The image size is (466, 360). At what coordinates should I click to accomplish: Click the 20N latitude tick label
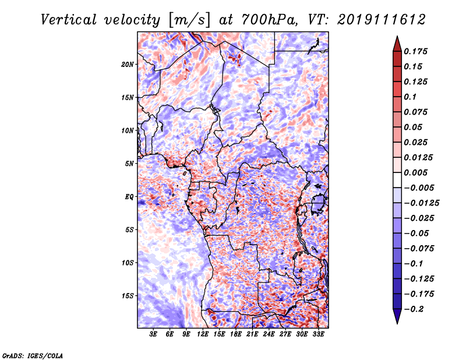128,64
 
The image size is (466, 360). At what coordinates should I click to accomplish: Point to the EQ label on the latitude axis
129,197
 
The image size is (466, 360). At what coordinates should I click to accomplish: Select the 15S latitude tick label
128,296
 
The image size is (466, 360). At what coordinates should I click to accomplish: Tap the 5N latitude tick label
129,164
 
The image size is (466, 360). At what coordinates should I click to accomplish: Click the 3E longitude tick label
154,334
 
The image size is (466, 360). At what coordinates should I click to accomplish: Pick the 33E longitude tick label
318,334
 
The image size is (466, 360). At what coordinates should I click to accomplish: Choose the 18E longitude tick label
236,334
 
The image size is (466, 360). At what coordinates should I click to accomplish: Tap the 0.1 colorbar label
414,97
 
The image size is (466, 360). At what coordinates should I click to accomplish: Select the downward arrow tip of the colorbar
397,322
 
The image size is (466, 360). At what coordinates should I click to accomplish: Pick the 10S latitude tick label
128,263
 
